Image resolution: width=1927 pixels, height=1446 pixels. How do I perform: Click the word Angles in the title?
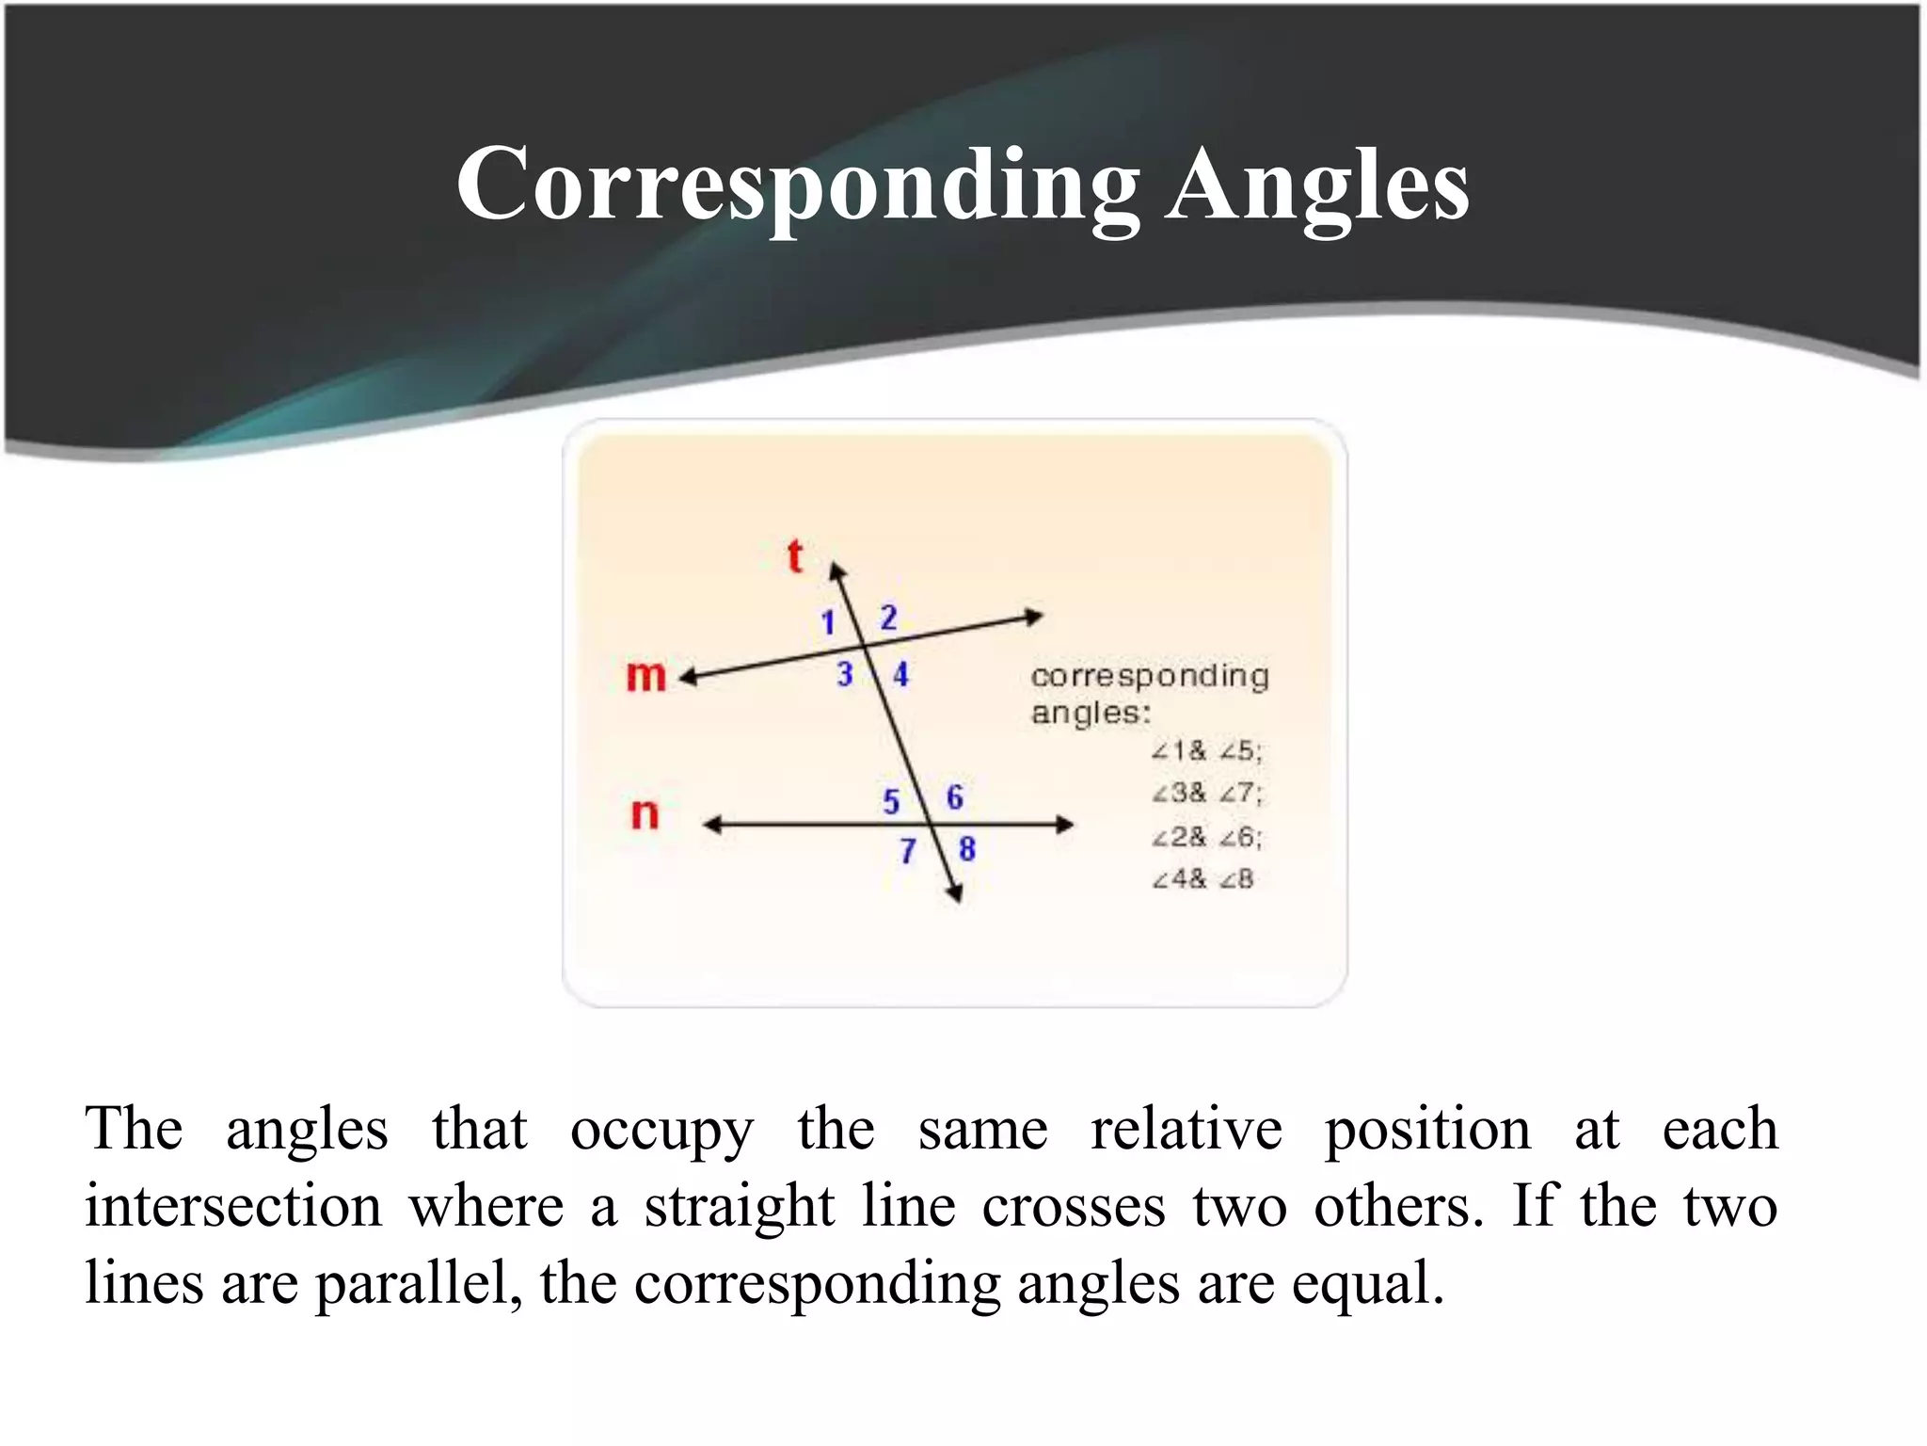[x=1316, y=185]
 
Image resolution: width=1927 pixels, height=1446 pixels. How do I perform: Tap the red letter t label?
[x=795, y=555]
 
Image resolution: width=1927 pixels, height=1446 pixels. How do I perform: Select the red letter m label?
[x=645, y=675]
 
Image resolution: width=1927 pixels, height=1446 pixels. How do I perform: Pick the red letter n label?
[x=645, y=812]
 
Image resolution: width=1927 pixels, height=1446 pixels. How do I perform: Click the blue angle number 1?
[x=828, y=622]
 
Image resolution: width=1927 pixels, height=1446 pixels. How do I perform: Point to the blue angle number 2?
[x=888, y=618]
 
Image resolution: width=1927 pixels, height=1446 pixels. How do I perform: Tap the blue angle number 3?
[x=844, y=674]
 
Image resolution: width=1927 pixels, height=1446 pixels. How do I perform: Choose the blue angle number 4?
[x=900, y=674]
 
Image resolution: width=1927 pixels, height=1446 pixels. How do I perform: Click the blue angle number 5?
[x=891, y=801]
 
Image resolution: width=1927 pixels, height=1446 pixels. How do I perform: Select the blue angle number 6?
[x=954, y=797]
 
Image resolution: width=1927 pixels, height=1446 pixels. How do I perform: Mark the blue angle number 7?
[x=907, y=851]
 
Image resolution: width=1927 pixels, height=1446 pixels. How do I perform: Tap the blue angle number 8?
[x=966, y=849]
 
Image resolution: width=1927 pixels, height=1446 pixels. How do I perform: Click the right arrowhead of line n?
[x=1065, y=825]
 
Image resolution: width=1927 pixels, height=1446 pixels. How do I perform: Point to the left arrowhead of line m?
[x=689, y=677]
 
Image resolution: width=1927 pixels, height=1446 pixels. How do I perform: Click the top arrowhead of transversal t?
[x=836, y=570]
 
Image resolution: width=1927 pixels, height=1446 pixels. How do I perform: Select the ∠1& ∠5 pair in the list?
[x=1206, y=750]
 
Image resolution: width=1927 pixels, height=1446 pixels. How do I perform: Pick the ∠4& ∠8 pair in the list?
[x=1202, y=879]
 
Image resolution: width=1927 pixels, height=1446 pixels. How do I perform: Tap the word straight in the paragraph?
[x=739, y=1206]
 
